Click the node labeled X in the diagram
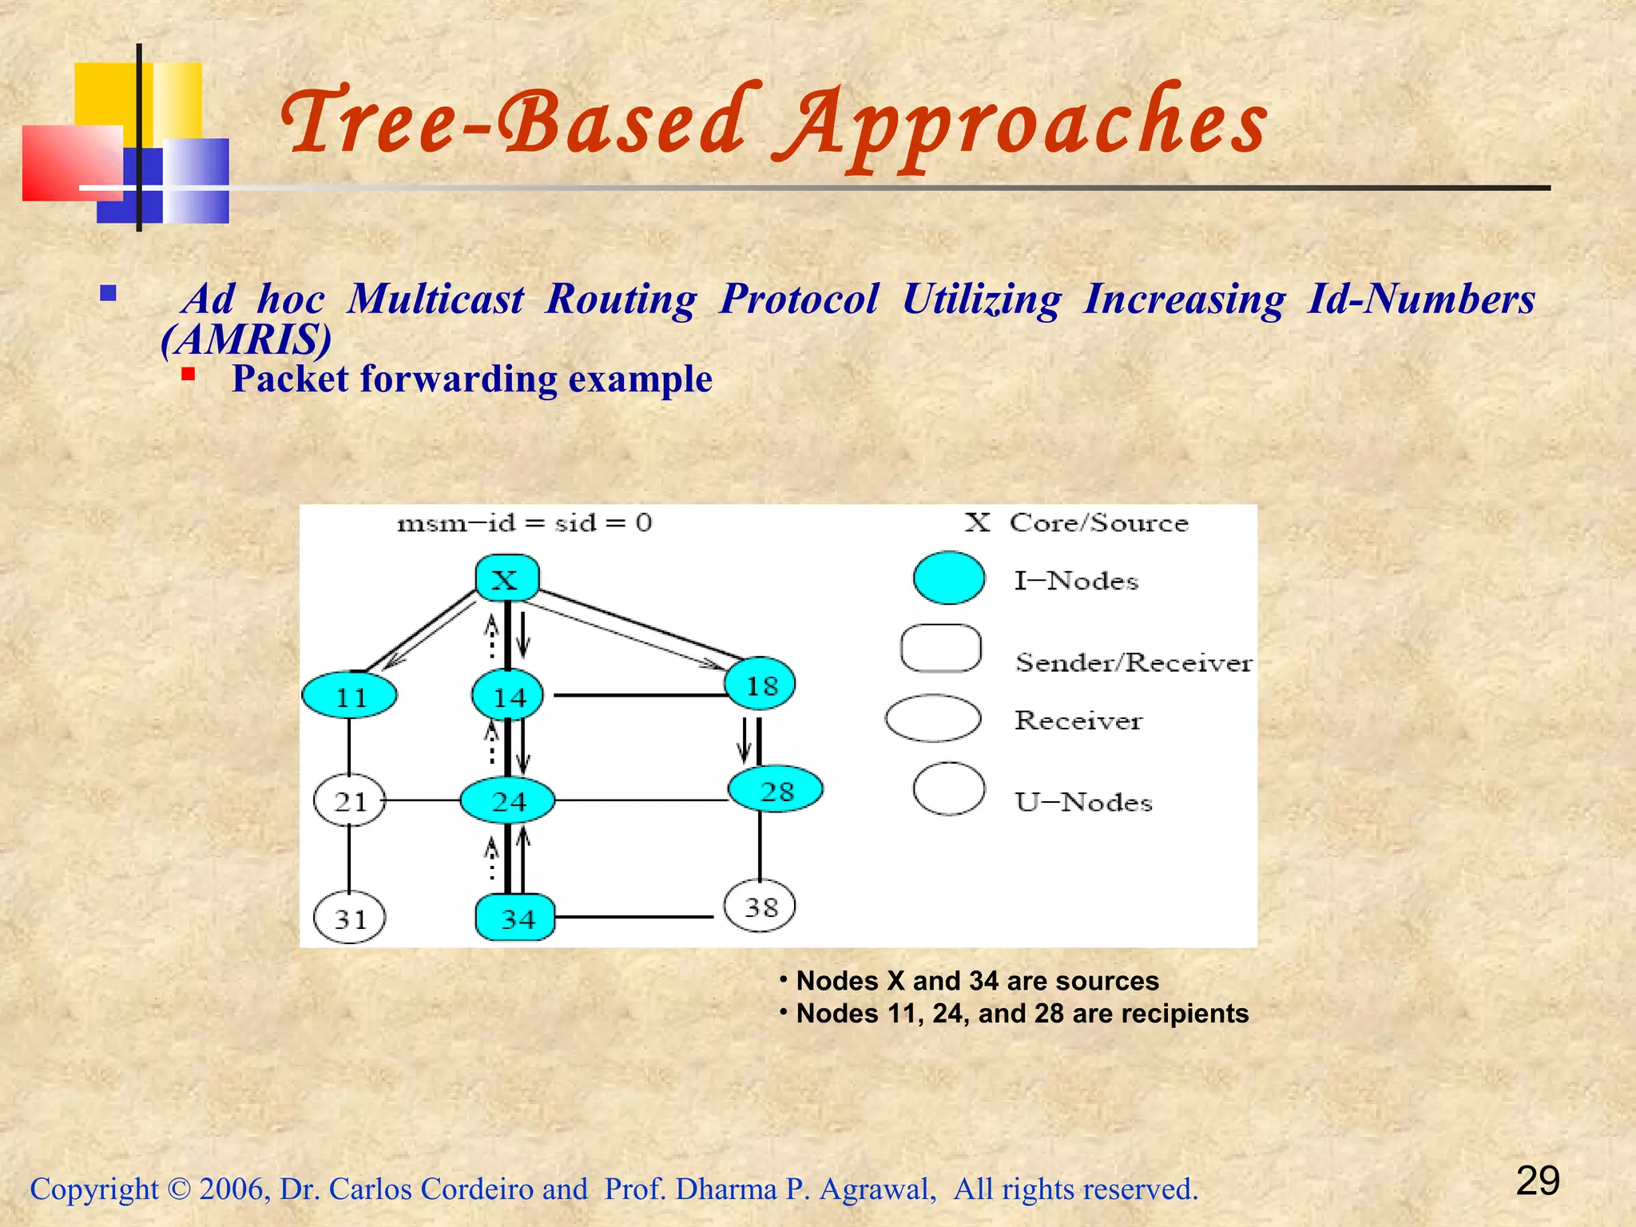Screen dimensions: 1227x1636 506,578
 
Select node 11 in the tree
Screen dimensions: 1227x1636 350,696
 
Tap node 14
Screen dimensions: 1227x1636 508,696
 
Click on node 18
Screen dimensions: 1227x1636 760,685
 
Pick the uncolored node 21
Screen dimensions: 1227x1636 350,800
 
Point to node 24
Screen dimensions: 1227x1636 508,800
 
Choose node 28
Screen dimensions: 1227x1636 776,790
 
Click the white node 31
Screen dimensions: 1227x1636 350,919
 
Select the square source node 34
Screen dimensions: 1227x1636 516,918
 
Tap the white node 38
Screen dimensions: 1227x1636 760,906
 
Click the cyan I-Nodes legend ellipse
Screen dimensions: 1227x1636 948,578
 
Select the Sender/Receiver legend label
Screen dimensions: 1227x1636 1133,661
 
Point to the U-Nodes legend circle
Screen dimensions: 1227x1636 948,789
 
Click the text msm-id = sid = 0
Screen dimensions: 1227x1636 524,523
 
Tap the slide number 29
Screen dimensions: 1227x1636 1537,1181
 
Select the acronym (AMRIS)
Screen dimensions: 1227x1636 246,340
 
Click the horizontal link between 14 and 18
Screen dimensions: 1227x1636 639,695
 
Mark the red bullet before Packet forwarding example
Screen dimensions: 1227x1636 189,374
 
